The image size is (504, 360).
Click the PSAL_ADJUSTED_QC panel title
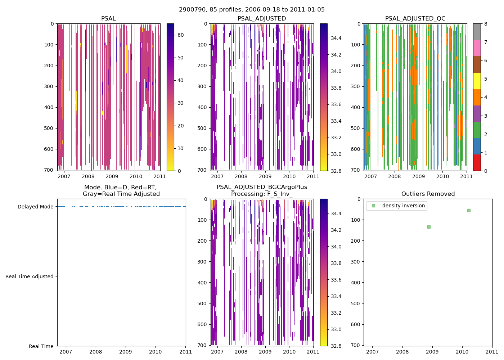pos(415,19)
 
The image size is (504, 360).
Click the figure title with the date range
pos(252,10)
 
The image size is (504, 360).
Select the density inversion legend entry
pos(403,206)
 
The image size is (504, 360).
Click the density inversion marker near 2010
pos(469,210)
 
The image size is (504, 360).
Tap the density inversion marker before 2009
pos(429,227)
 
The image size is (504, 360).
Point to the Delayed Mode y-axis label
pos(35,207)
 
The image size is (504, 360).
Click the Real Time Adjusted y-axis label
pos(30,276)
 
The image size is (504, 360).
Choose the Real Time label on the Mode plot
pos(41,346)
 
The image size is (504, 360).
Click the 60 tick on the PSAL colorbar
pos(181,35)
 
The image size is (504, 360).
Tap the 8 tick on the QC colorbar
pos(486,24)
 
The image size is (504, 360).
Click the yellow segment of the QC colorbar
pos(477,81)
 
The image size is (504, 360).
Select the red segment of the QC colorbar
pos(477,162)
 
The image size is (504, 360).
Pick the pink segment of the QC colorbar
pos(477,48)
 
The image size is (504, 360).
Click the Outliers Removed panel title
pos(428,194)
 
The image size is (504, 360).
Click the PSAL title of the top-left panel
pos(108,19)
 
